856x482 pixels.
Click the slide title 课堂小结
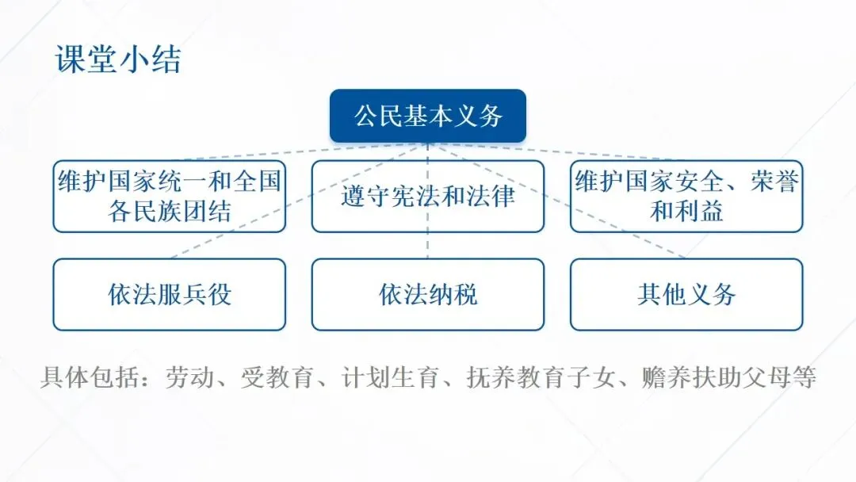[118, 59]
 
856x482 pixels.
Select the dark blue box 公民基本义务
[428, 117]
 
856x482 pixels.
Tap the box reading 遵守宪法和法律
[428, 196]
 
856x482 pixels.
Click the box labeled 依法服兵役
[169, 294]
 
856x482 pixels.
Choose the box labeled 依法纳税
[428, 294]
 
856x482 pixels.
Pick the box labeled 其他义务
[686, 294]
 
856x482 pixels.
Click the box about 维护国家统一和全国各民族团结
[169, 196]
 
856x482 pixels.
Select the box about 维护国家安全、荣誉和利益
[686, 196]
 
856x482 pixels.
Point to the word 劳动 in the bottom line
[189, 377]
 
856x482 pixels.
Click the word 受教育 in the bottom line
[278, 377]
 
